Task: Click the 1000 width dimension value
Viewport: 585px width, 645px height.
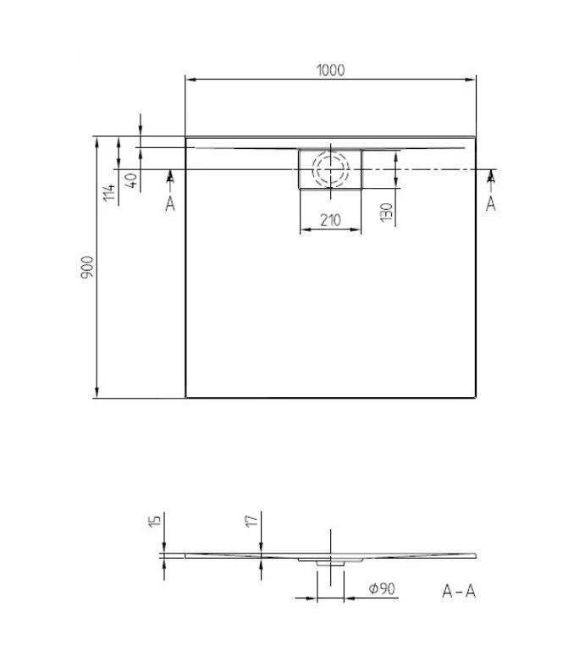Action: (x=330, y=70)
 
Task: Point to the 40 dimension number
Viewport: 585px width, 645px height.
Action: (x=130, y=180)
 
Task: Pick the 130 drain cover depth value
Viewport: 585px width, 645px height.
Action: (x=386, y=212)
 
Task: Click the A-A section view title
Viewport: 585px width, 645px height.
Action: (x=459, y=591)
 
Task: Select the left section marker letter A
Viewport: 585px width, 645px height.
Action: (x=169, y=204)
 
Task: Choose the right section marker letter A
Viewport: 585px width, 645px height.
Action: (x=490, y=204)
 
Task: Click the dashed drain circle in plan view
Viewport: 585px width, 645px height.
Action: (x=329, y=169)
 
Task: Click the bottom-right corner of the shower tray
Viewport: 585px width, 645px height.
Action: (x=475, y=397)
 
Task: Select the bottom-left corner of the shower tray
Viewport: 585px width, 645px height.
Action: (x=185, y=397)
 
